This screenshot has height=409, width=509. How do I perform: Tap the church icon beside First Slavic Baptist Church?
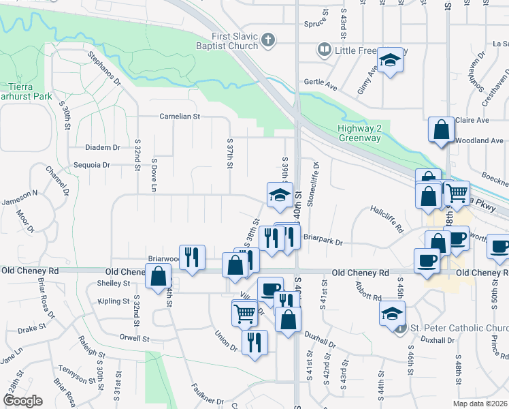[x=268, y=40]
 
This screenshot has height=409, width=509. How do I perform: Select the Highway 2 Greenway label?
[x=359, y=134]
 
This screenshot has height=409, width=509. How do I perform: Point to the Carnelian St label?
[x=180, y=117]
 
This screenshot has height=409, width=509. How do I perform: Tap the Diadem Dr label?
[x=102, y=147]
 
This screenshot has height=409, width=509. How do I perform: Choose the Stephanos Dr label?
[x=103, y=70]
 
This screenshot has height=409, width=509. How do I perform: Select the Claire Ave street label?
[x=473, y=120]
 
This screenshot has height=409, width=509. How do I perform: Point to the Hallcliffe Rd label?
[x=387, y=219]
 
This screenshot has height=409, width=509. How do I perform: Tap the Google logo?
[x=23, y=400]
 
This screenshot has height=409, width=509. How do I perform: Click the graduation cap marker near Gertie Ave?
[x=391, y=61]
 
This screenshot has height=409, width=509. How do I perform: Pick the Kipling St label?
[x=113, y=301]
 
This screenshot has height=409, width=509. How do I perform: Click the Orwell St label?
[x=133, y=338]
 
